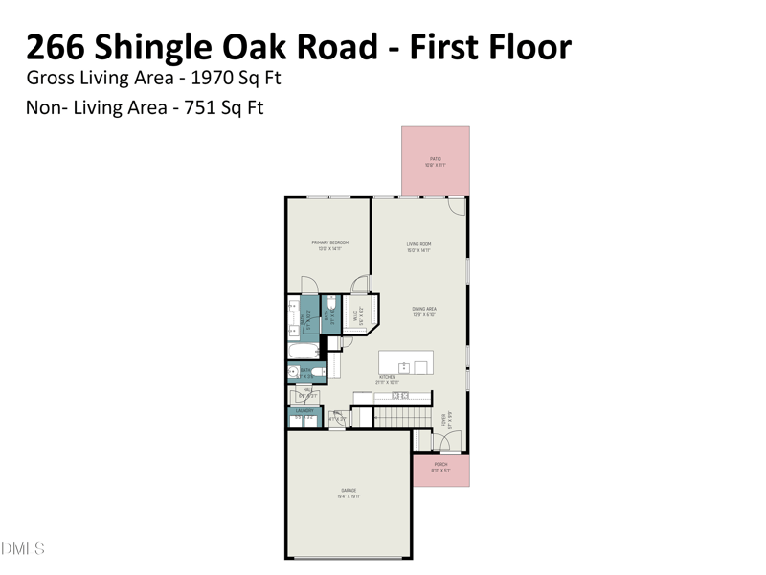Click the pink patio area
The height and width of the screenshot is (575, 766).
435,160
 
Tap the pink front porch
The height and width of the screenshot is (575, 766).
440,469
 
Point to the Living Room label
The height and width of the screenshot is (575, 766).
419,245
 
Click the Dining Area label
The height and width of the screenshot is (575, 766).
424,309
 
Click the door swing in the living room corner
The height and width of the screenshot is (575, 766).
458,205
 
